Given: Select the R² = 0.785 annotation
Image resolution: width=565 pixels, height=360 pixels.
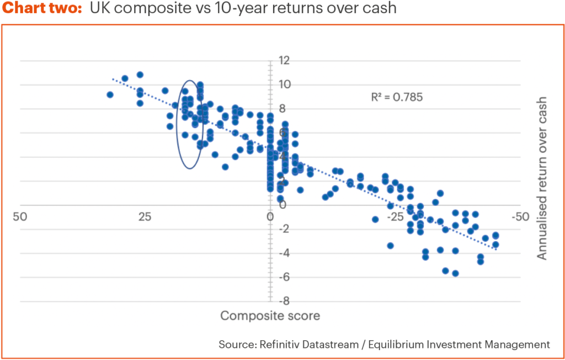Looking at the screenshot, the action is pyautogui.click(x=397, y=97).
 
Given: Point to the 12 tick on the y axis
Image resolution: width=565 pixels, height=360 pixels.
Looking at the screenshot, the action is pyautogui.click(x=284, y=60).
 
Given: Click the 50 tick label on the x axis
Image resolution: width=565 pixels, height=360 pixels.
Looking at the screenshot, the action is pyautogui.click(x=20, y=216).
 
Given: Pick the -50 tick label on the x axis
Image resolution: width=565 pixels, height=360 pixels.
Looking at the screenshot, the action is pyautogui.click(x=520, y=216).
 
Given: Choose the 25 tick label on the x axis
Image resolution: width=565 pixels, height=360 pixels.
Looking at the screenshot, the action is pyautogui.click(x=145, y=216).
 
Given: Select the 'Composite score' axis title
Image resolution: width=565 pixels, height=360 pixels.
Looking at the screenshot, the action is pyautogui.click(x=270, y=316).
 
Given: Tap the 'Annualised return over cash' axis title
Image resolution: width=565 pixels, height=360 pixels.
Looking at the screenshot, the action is pyautogui.click(x=542, y=178).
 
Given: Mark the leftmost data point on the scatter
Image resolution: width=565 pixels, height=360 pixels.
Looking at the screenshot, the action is pyautogui.click(x=110, y=94).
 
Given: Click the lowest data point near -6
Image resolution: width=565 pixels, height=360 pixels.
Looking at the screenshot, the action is pyautogui.click(x=455, y=273).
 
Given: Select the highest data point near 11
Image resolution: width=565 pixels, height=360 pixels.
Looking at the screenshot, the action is pyautogui.click(x=140, y=75).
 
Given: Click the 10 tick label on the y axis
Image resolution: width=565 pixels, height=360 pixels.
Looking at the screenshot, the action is pyautogui.click(x=284, y=84).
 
